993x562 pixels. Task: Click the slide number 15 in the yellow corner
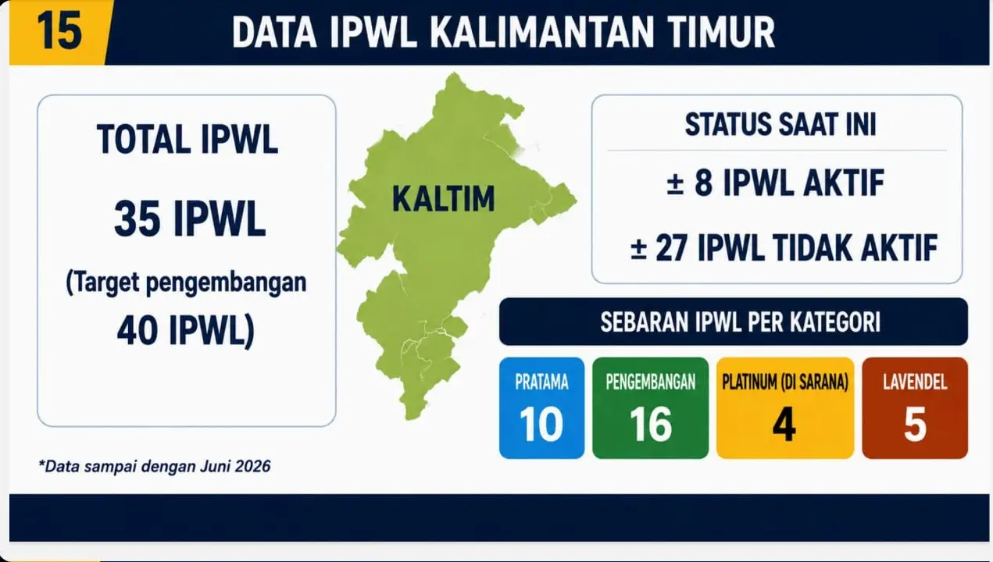coord(60,31)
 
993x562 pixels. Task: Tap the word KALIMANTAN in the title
coord(541,32)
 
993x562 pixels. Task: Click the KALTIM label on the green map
coord(443,199)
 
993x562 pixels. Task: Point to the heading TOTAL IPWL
coord(187,140)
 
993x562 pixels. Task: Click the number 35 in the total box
coord(137,219)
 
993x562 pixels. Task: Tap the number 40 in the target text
coord(138,330)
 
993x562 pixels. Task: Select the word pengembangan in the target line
coord(226,283)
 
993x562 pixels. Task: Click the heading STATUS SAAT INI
coord(780,124)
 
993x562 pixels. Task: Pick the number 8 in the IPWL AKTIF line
coord(703,183)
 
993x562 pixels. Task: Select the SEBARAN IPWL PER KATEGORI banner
coord(733,322)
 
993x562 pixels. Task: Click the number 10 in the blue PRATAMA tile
coord(541,425)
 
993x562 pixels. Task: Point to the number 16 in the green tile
coord(650,425)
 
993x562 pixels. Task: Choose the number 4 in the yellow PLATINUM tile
coord(784,425)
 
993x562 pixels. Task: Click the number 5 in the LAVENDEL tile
coord(915,425)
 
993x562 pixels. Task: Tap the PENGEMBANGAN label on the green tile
coord(650,382)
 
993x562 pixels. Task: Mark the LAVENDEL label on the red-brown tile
coord(915,382)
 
